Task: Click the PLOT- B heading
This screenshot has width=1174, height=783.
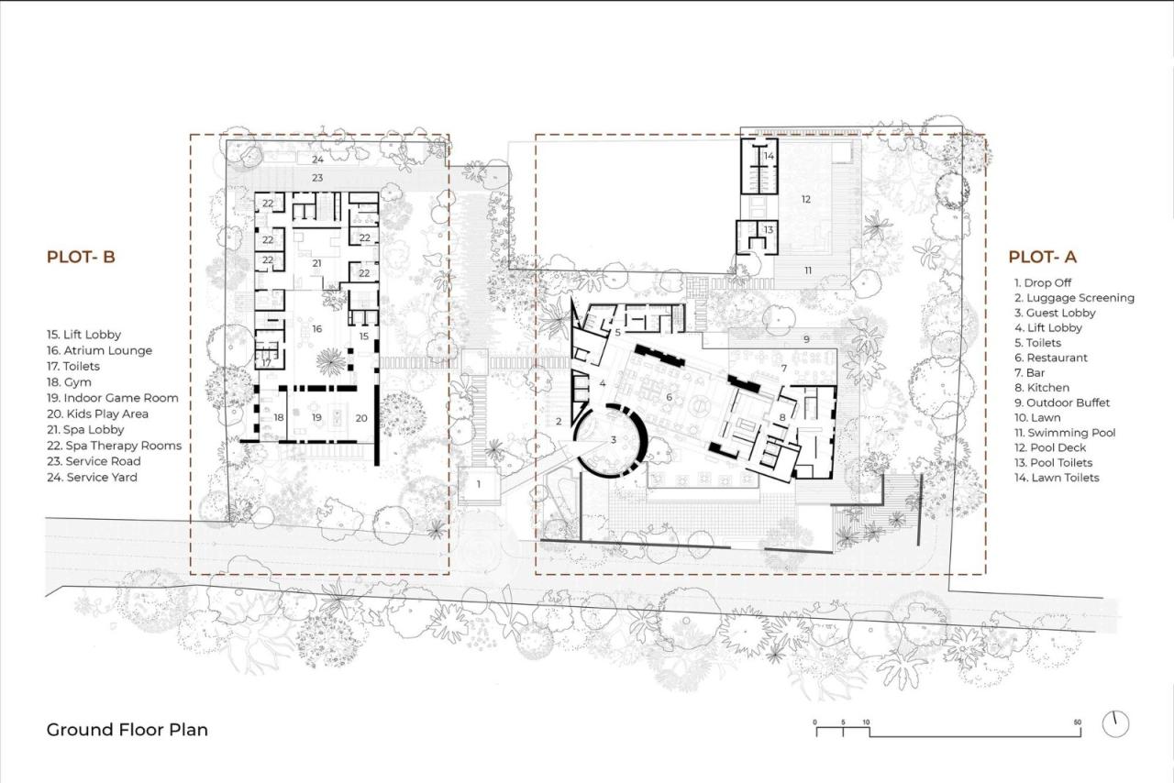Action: [x=81, y=258]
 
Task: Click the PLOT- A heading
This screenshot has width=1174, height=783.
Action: [x=1043, y=258]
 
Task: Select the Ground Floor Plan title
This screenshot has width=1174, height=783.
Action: [x=127, y=730]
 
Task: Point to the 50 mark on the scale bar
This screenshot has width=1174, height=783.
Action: [x=1078, y=722]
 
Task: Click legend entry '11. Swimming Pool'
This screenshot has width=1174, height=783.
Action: [x=1058, y=433]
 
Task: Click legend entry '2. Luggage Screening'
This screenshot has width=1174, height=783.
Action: [x=1073, y=298]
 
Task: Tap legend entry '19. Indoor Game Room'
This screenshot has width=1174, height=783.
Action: [x=112, y=398]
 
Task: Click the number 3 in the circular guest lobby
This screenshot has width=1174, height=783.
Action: [x=613, y=440]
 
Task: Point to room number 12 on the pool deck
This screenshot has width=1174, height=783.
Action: [x=806, y=199]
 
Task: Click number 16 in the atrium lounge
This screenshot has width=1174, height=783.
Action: [x=316, y=327]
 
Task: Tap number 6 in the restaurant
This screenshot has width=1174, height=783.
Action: [x=670, y=397]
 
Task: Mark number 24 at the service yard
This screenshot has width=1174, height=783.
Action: [x=317, y=160]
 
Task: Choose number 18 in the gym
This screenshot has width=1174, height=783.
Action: [x=279, y=418]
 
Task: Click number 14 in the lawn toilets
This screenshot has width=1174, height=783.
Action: [x=769, y=156]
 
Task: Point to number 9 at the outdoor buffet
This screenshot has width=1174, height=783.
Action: [x=806, y=339]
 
